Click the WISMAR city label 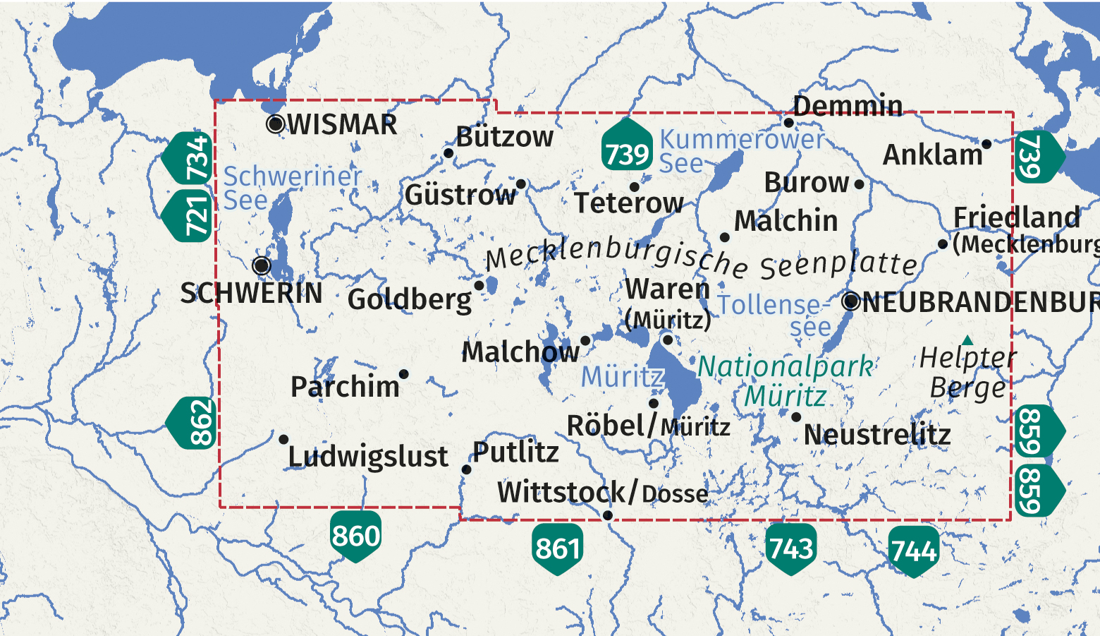tap(342, 124)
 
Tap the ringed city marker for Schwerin tap(262, 265)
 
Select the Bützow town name tap(505, 137)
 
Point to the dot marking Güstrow tap(521, 184)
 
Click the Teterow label tap(628, 203)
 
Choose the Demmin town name tap(848, 106)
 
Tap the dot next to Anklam tap(986, 144)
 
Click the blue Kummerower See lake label tap(742, 150)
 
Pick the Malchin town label tap(786, 221)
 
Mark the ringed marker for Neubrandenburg tap(851, 301)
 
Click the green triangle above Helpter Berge tap(968, 340)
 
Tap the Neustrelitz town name tap(877, 435)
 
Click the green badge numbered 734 tap(190, 157)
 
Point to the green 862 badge tap(194, 423)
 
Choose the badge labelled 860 tap(356, 536)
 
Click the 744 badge tap(913, 551)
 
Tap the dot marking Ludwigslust tap(283, 439)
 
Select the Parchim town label tap(345, 387)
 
